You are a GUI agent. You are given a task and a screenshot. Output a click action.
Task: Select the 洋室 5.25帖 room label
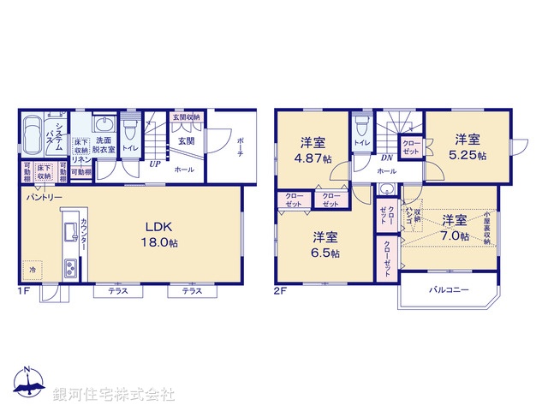click(469, 147)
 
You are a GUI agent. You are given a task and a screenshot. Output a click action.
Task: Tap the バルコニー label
click(449, 290)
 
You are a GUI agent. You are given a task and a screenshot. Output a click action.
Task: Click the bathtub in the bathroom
click(35, 136)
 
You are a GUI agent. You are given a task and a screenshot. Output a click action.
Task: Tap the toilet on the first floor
click(130, 134)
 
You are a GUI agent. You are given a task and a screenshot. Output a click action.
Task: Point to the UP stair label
click(156, 164)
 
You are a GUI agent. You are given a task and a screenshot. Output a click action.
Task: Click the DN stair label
click(386, 158)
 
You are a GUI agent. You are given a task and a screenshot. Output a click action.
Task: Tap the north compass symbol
click(27, 383)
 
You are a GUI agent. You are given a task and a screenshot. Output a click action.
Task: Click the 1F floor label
click(24, 290)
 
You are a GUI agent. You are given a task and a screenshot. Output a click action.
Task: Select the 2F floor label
click(281, 290)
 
